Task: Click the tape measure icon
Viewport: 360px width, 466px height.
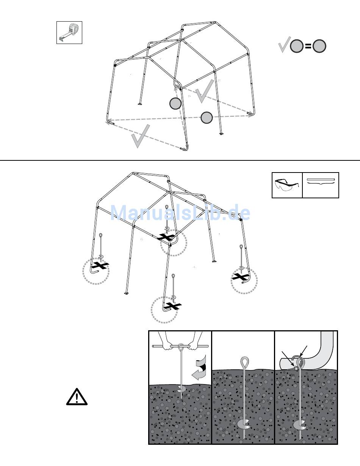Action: click(69, 32)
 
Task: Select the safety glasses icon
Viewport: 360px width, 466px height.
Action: click(287, 185)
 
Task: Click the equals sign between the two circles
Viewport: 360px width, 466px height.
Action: click(308, 46)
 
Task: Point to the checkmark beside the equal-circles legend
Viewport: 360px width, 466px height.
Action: click(285, 44)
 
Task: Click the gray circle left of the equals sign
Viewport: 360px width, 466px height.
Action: click(297, 46)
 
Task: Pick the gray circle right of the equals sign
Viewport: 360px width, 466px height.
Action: click(319, 46)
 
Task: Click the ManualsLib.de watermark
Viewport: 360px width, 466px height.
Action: click(180, 213)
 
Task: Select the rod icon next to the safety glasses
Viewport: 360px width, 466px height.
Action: click(320, 181)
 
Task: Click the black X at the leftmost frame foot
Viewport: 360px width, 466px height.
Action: click(100, 265)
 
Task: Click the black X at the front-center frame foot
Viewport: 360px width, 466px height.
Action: click(173, 306)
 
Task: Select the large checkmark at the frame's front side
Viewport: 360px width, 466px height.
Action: click(141, 136)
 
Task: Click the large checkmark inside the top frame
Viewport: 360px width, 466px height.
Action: click(205, 91)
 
